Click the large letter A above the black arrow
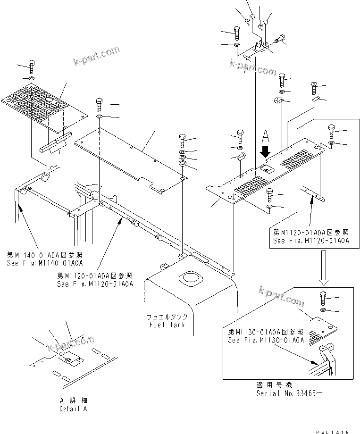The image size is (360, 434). coord(266,137)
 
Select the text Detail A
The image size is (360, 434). coord(73,409)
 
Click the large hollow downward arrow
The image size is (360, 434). coord(324,267)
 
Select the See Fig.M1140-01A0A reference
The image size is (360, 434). coord(45,263)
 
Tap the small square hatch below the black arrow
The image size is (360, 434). coord(267,168)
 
